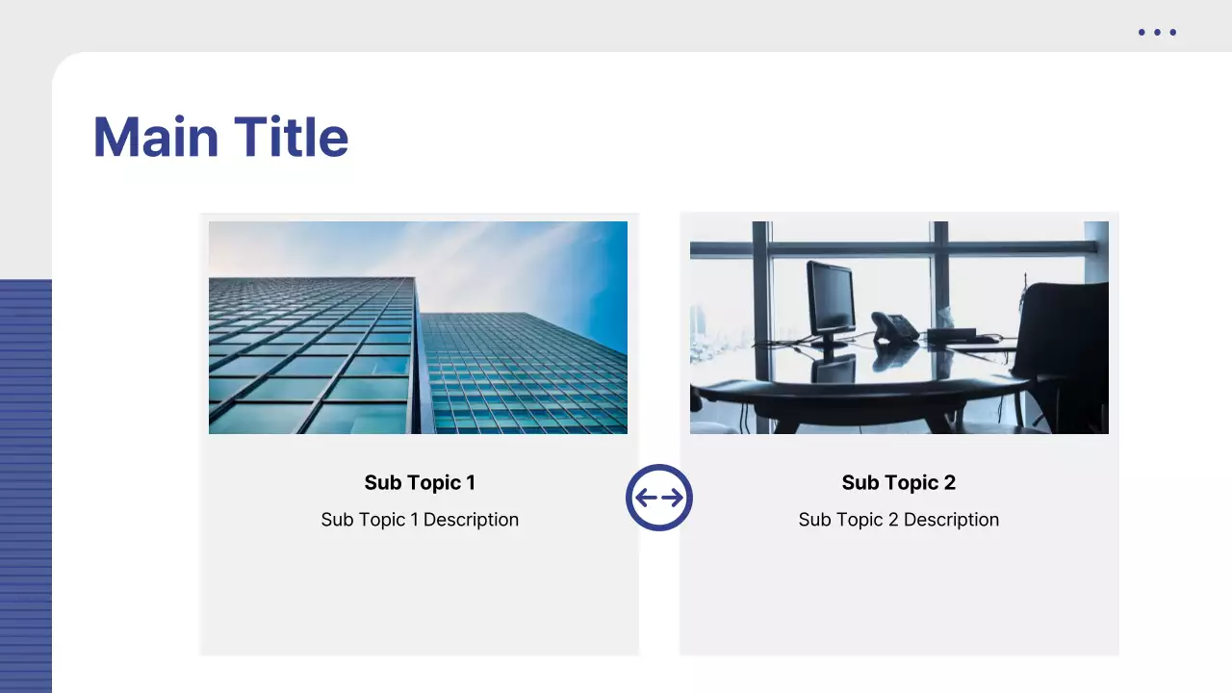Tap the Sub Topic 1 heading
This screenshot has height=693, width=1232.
click(x=420, y=482)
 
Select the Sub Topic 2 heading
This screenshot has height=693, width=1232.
click(x=898, y=482)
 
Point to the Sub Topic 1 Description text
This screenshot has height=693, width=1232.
click(x=420, y=520)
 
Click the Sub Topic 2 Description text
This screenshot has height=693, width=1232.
click(x=898, y=520)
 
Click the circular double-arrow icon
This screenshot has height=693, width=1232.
click(x=659, y=498)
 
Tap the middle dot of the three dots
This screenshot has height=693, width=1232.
click(x=1157, y=33)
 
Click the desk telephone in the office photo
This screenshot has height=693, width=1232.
click(x=894, y=327)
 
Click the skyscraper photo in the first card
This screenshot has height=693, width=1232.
click(x=418, y=327)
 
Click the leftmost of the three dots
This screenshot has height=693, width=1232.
click(x=1142, y=33)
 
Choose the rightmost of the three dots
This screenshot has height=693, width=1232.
click(x=1172, y=33)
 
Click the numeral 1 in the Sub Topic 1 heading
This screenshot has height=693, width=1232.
click(x=470, y=482)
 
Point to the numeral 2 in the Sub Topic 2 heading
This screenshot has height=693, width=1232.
click(x=949, y=482)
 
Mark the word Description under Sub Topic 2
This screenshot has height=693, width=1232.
click(x=951, y=520)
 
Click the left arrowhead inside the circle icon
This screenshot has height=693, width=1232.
click(x=642, y=498)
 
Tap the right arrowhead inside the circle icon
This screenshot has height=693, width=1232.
click(x=677, y=498)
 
